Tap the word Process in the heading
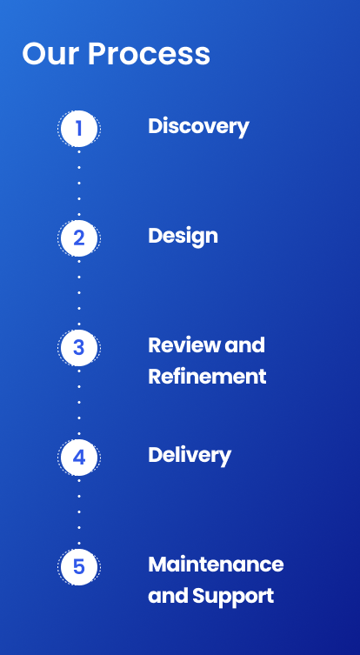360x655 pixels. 149,53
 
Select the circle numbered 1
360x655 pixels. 79,129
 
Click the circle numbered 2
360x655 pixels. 79,238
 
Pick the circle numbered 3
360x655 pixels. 79,348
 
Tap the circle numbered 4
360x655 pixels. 79,458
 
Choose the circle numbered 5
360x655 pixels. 79,567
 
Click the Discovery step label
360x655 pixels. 198,127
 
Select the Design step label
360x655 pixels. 183,237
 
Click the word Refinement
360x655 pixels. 207,377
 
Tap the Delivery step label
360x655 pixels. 190,456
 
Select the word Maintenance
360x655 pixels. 216,565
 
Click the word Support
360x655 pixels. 233,597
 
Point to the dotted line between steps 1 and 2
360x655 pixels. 79,184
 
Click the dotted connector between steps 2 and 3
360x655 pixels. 79,293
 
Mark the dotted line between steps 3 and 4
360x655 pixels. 79,403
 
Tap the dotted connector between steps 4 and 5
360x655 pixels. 79,512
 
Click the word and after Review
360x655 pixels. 244,345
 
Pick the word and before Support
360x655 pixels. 169,596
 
